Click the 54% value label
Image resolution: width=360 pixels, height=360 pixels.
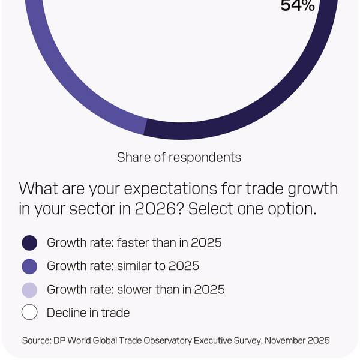(298, 6)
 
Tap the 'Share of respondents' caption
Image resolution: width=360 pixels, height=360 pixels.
(179, 157)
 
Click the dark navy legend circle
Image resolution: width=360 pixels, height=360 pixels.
(29, 243)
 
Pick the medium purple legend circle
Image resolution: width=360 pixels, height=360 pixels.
(29, 266)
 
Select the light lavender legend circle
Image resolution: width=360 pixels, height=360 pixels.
(29, 290)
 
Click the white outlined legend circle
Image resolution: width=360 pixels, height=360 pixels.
(29, 313)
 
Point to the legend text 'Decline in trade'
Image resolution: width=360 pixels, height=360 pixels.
(88, 313)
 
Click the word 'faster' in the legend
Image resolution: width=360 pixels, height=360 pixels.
(134, 243)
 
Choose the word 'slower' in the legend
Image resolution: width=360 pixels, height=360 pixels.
(135, 289)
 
